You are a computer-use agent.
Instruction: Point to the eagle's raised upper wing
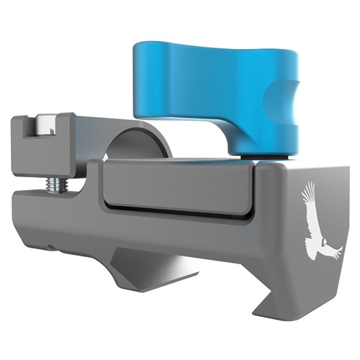pyautogui.click(x=308, y=198)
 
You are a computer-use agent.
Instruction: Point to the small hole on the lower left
pyautogui.click(x=51, y=245)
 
